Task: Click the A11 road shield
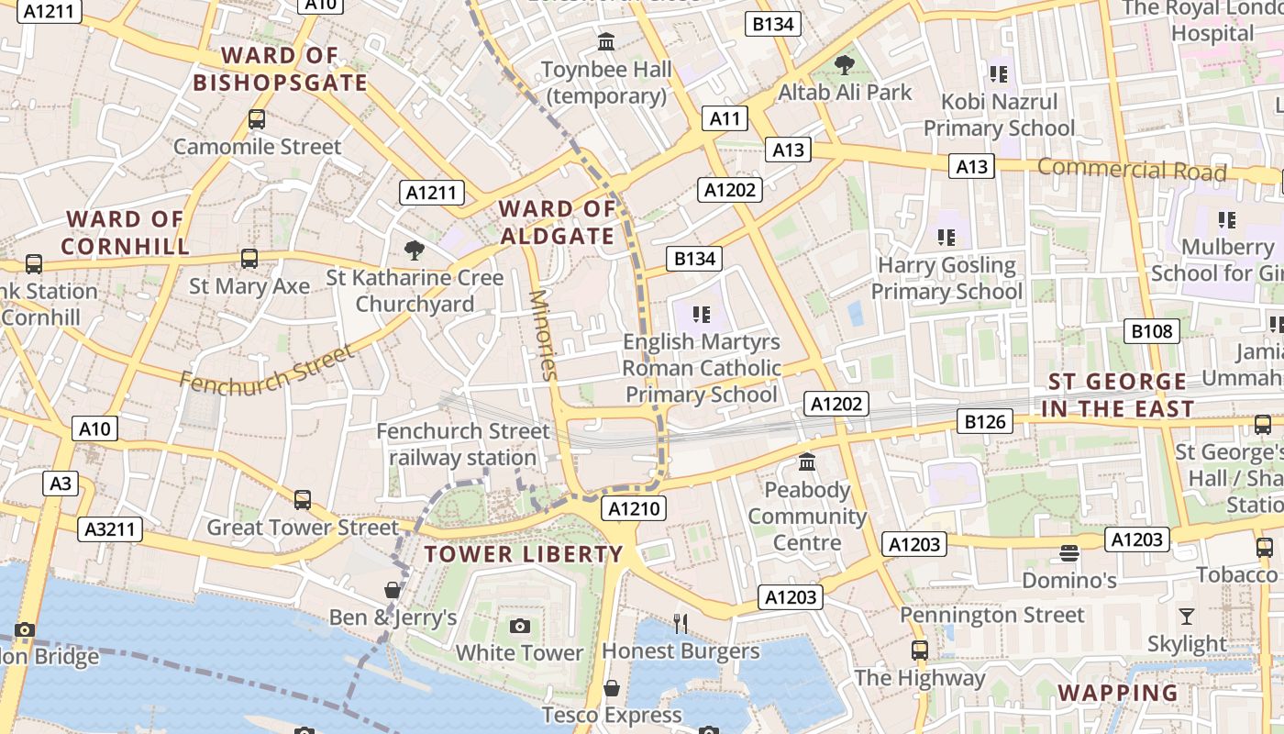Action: (725, 118)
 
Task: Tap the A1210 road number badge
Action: (635, 508)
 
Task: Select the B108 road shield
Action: (1151, 331)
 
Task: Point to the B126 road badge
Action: (985, 422)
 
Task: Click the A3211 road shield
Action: (110, 528)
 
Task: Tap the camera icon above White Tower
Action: (520, 626)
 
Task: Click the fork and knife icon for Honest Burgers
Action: (680, 624)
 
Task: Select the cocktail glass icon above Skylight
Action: (1187, 616)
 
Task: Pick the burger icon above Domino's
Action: (1068, 553)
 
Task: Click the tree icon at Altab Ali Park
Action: (844, 65)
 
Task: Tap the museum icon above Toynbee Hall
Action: (606, 41)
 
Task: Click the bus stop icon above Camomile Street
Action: (257, 119)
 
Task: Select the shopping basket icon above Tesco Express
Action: (612, 688)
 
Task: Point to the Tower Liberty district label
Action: (524, 554)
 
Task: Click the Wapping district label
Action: (1118, 693)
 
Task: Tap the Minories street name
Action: (543, 334)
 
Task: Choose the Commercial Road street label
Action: (1132, 170)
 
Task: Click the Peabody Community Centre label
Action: (807, 516)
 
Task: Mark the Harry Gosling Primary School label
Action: (946, 278)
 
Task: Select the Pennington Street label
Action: (992, 615)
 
